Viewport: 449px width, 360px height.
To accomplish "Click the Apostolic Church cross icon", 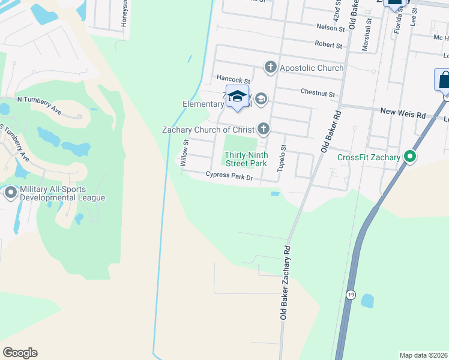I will pyautogui.click(x=270, y=68).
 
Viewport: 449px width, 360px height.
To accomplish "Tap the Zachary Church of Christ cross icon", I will pyautogui.click(x=262, y=128).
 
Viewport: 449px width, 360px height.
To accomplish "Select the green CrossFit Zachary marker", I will pyautogui.click(x=410, y=157).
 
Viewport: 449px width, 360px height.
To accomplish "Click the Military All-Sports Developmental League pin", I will pyautogui.click(x=11, y=193).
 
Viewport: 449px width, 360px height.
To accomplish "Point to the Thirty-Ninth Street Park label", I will pyautogui.click(x=246, y=158).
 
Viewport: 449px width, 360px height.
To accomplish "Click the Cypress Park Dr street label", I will pyautogui.click(x=229, y=176).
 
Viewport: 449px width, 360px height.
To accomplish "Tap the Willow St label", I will pyautogui.click(x=185, y=152).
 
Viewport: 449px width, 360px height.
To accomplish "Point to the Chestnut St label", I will pyautogui.click(x=318, y=94).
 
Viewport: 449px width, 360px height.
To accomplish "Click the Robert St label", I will pyautogui.click(x=328, y=44).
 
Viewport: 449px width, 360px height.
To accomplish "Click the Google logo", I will pyautogui.click(x=20, y=353).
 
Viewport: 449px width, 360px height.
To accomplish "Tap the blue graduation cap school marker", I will pyautogui.click(x=237, y=97).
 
